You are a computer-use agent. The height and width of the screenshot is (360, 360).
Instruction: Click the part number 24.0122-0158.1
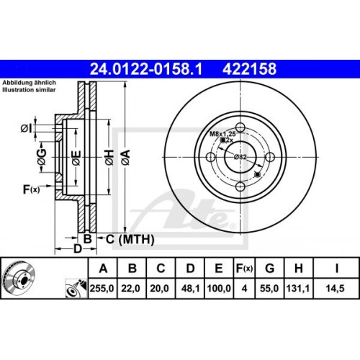click(144, 69)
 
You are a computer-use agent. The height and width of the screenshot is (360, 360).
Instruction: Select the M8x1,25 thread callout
click(223, 132)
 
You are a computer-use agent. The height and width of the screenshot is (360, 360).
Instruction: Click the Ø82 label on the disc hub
click(240, 157)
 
